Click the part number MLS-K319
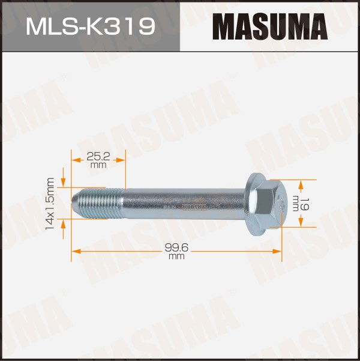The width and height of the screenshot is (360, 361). click(x=91, y=27)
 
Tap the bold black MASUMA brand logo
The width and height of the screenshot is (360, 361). click(x=270, y=26)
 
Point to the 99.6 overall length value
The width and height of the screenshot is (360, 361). click(x=176, y=247)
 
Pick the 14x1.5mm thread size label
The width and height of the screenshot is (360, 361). click(x=50, y=203)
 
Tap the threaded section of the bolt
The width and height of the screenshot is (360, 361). click(x=99, y=204)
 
